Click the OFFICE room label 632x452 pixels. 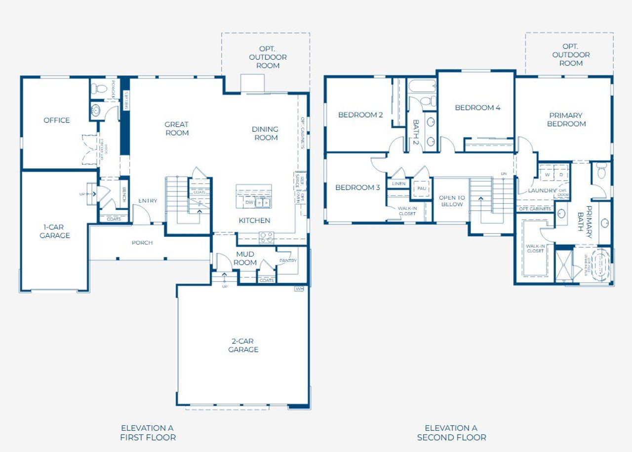click(x=56, y=120)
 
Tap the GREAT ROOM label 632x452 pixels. click(x=177, y=129)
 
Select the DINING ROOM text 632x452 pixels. click(x=266, y=133)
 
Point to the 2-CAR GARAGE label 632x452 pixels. click(x=243, y=345)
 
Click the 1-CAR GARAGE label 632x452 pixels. click(x=54, y=231)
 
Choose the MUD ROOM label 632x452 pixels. click(x=245, y=259)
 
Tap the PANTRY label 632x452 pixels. click(x=288, y=260)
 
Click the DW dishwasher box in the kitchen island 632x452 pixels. click(x=250, y=202)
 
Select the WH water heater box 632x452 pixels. click(x=299, y=289)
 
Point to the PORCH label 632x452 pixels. click(x=142, y=243)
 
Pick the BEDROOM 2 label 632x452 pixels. click(x=360, y=115)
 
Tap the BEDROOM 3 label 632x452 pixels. click(x=357, y=188)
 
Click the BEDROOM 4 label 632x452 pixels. click(x=477, y=108)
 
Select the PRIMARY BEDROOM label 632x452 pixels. click(x=566, y=119)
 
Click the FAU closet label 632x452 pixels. click(x=422, y=188)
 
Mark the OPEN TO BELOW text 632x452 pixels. click(x=452, y=201)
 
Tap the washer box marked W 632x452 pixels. click(x=547, y=174)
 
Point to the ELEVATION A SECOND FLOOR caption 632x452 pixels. click(x=451, y=433)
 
